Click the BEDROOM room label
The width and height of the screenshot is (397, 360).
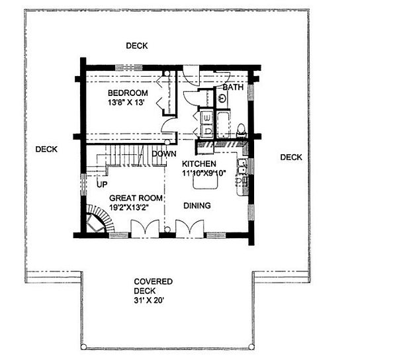[x=128, y=93]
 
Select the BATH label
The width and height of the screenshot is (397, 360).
[x=232, y=87]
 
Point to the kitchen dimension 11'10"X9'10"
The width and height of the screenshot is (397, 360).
[x=208, y=173]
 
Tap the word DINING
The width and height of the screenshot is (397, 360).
[x=197, y=206]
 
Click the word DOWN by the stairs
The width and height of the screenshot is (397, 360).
[x=163, y=154]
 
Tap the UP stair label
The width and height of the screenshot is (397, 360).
[x=102, y=184]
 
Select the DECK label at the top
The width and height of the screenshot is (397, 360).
[x=137, y=46]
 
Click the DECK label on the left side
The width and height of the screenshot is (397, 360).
[x=46, y=149]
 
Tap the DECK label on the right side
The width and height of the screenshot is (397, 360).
[x=291, y=157]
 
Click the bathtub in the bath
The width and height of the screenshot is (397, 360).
[x=223, y=124]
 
